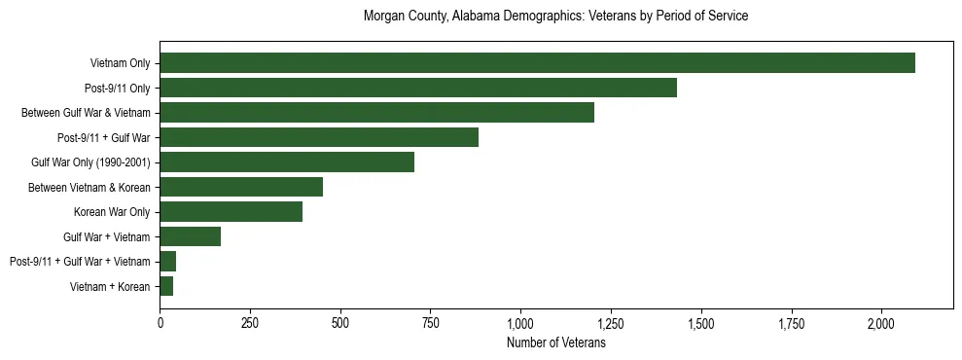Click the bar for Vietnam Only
tap(537, 63)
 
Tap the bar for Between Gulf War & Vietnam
tap(376, 113)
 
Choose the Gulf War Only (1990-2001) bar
tap(287, 162)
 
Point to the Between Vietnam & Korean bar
tap(241, 187)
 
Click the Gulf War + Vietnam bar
tap(191, 236)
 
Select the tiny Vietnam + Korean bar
tap(166, 286)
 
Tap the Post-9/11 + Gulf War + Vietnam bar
tap(168, 262)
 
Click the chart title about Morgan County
tap(555, 17)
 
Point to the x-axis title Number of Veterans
tap(556, 343)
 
